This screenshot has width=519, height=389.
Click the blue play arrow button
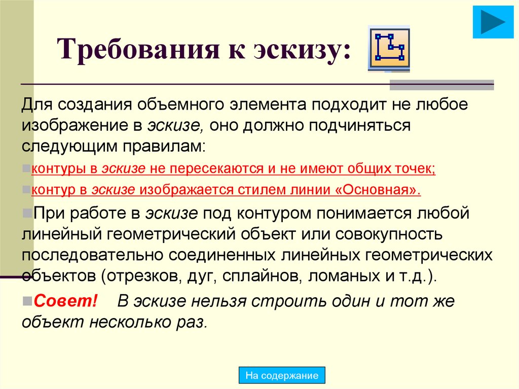pos(490,22)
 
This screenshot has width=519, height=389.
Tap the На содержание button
pos(282,376)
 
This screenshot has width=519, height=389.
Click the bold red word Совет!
pos(65,301)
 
